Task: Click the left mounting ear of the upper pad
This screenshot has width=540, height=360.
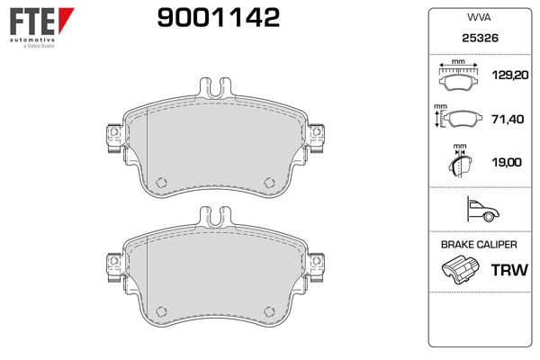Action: coord(112,134)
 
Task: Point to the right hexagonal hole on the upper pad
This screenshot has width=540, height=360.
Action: coord(268,182)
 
